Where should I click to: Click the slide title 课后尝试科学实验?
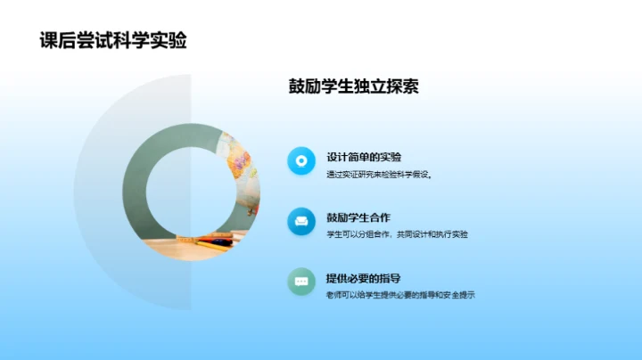113,40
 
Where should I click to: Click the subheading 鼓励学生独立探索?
353,86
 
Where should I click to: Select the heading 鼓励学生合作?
358,217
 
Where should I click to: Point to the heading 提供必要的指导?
364,278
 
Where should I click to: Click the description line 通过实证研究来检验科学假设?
379,174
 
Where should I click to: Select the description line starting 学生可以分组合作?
397,234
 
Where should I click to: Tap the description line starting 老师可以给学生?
400,295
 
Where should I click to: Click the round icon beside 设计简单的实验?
301,161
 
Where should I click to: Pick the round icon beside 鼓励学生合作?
301,221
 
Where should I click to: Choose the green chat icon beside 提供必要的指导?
301,282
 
